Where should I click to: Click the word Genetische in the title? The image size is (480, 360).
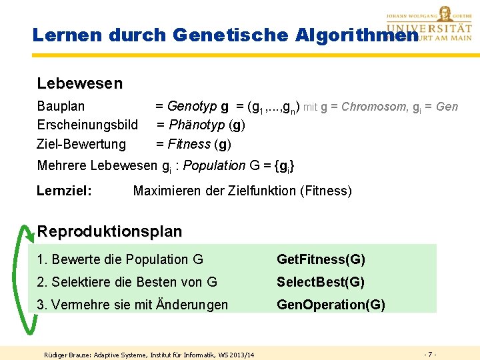(x=215, y=35)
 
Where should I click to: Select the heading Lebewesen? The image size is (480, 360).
(x=80, y=83)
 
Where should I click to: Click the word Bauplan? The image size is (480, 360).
(x=61, y=106)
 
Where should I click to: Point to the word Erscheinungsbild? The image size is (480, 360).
(x=87, y=125)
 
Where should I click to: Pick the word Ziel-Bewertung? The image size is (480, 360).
(x=81, y=144)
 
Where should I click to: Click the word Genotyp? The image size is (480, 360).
(x=189, y=106)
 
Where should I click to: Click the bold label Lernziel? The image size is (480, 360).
(x=65, y=191)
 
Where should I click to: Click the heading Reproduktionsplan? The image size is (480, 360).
(x=109, y=231)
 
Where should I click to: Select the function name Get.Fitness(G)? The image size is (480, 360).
(x=321, y=259)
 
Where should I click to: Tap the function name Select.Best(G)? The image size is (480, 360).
(x=321, y=282)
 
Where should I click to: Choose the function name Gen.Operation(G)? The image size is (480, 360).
(x=331, y=305)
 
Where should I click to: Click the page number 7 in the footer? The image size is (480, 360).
(x=431, y=353)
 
